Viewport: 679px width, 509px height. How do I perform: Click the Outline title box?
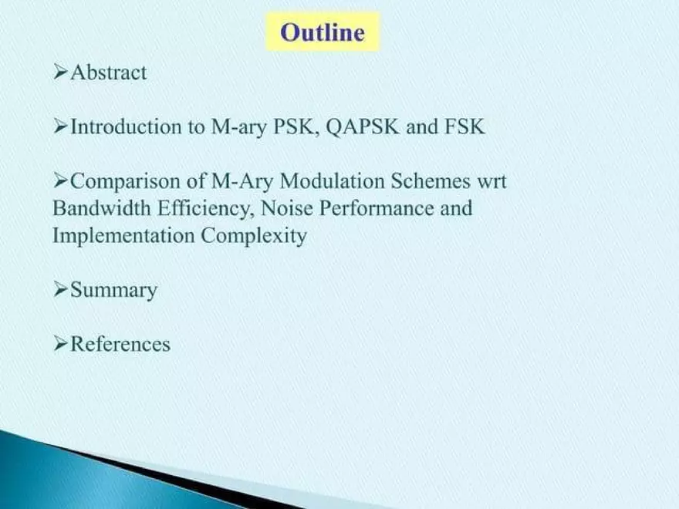click(323, 32)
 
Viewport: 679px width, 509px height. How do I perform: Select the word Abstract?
click(109, 73)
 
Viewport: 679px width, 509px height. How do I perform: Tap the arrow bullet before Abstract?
click(61, 73)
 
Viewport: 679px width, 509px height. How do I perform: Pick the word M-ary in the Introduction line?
click(238, 127)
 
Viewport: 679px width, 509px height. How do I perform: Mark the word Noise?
click(286, 209)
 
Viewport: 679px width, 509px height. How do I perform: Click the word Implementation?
click(123, 236)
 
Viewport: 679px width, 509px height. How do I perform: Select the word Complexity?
click(254, 236)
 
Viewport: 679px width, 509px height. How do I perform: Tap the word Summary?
click(113, 291)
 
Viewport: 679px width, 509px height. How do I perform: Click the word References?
click(120, 344)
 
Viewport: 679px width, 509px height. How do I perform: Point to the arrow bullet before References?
click(61, 344)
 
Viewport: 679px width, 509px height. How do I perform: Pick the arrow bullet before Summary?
click(61, 291)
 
